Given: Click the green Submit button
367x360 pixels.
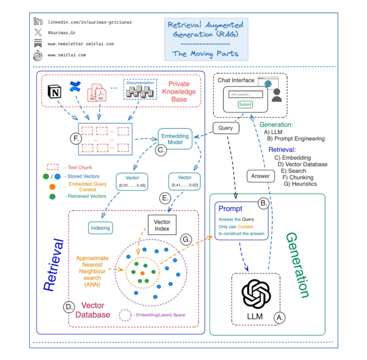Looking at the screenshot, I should (x=245, y=105).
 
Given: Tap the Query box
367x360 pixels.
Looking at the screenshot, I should (x=226, y=128).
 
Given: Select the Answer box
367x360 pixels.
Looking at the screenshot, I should (x=260, y=176).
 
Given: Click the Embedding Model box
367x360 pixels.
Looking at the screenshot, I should (x=175, y=139).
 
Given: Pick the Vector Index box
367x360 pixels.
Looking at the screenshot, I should (x=162, y=225).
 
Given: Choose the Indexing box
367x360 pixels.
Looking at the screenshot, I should (x=100, y=228).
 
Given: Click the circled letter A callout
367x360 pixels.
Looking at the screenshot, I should (x=279, y=318).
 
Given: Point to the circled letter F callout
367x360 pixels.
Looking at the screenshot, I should (x=76, y=138).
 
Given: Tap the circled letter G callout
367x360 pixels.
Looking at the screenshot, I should (x=186, y=239).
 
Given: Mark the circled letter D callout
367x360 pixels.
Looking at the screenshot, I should (x=69, y=307).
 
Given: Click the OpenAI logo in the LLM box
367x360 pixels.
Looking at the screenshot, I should (x=256, y=294).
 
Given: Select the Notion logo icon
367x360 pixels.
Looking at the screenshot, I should (x=55, y=92).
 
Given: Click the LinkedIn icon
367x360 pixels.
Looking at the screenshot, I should (x=38, y=21).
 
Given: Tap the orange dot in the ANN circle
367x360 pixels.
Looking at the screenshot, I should (x=143, y=273).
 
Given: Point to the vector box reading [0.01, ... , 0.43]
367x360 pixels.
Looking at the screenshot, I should (x=132, y=181).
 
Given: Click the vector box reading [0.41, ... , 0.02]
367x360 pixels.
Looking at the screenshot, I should (x=184, y=181).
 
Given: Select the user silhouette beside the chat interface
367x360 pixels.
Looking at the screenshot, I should (x=277, y=95).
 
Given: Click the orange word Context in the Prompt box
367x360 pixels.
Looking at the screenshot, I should (x=245, y=227).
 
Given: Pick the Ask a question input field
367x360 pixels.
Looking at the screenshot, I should (x=246, y=94).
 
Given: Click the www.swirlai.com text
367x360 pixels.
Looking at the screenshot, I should (x=67, y=55).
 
